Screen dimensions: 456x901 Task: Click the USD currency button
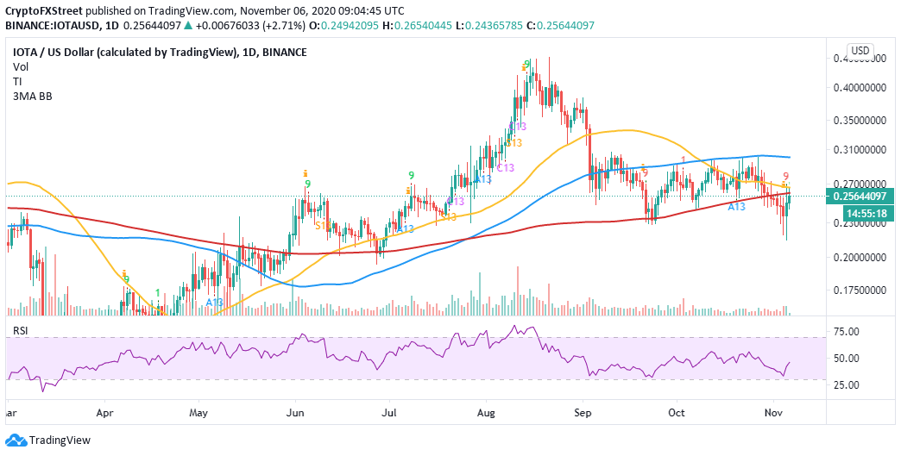860,50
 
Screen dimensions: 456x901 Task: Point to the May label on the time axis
198,412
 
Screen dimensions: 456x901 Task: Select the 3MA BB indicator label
28,87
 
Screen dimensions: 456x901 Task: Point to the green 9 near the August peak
526,65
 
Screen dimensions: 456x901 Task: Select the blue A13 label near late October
736,207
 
